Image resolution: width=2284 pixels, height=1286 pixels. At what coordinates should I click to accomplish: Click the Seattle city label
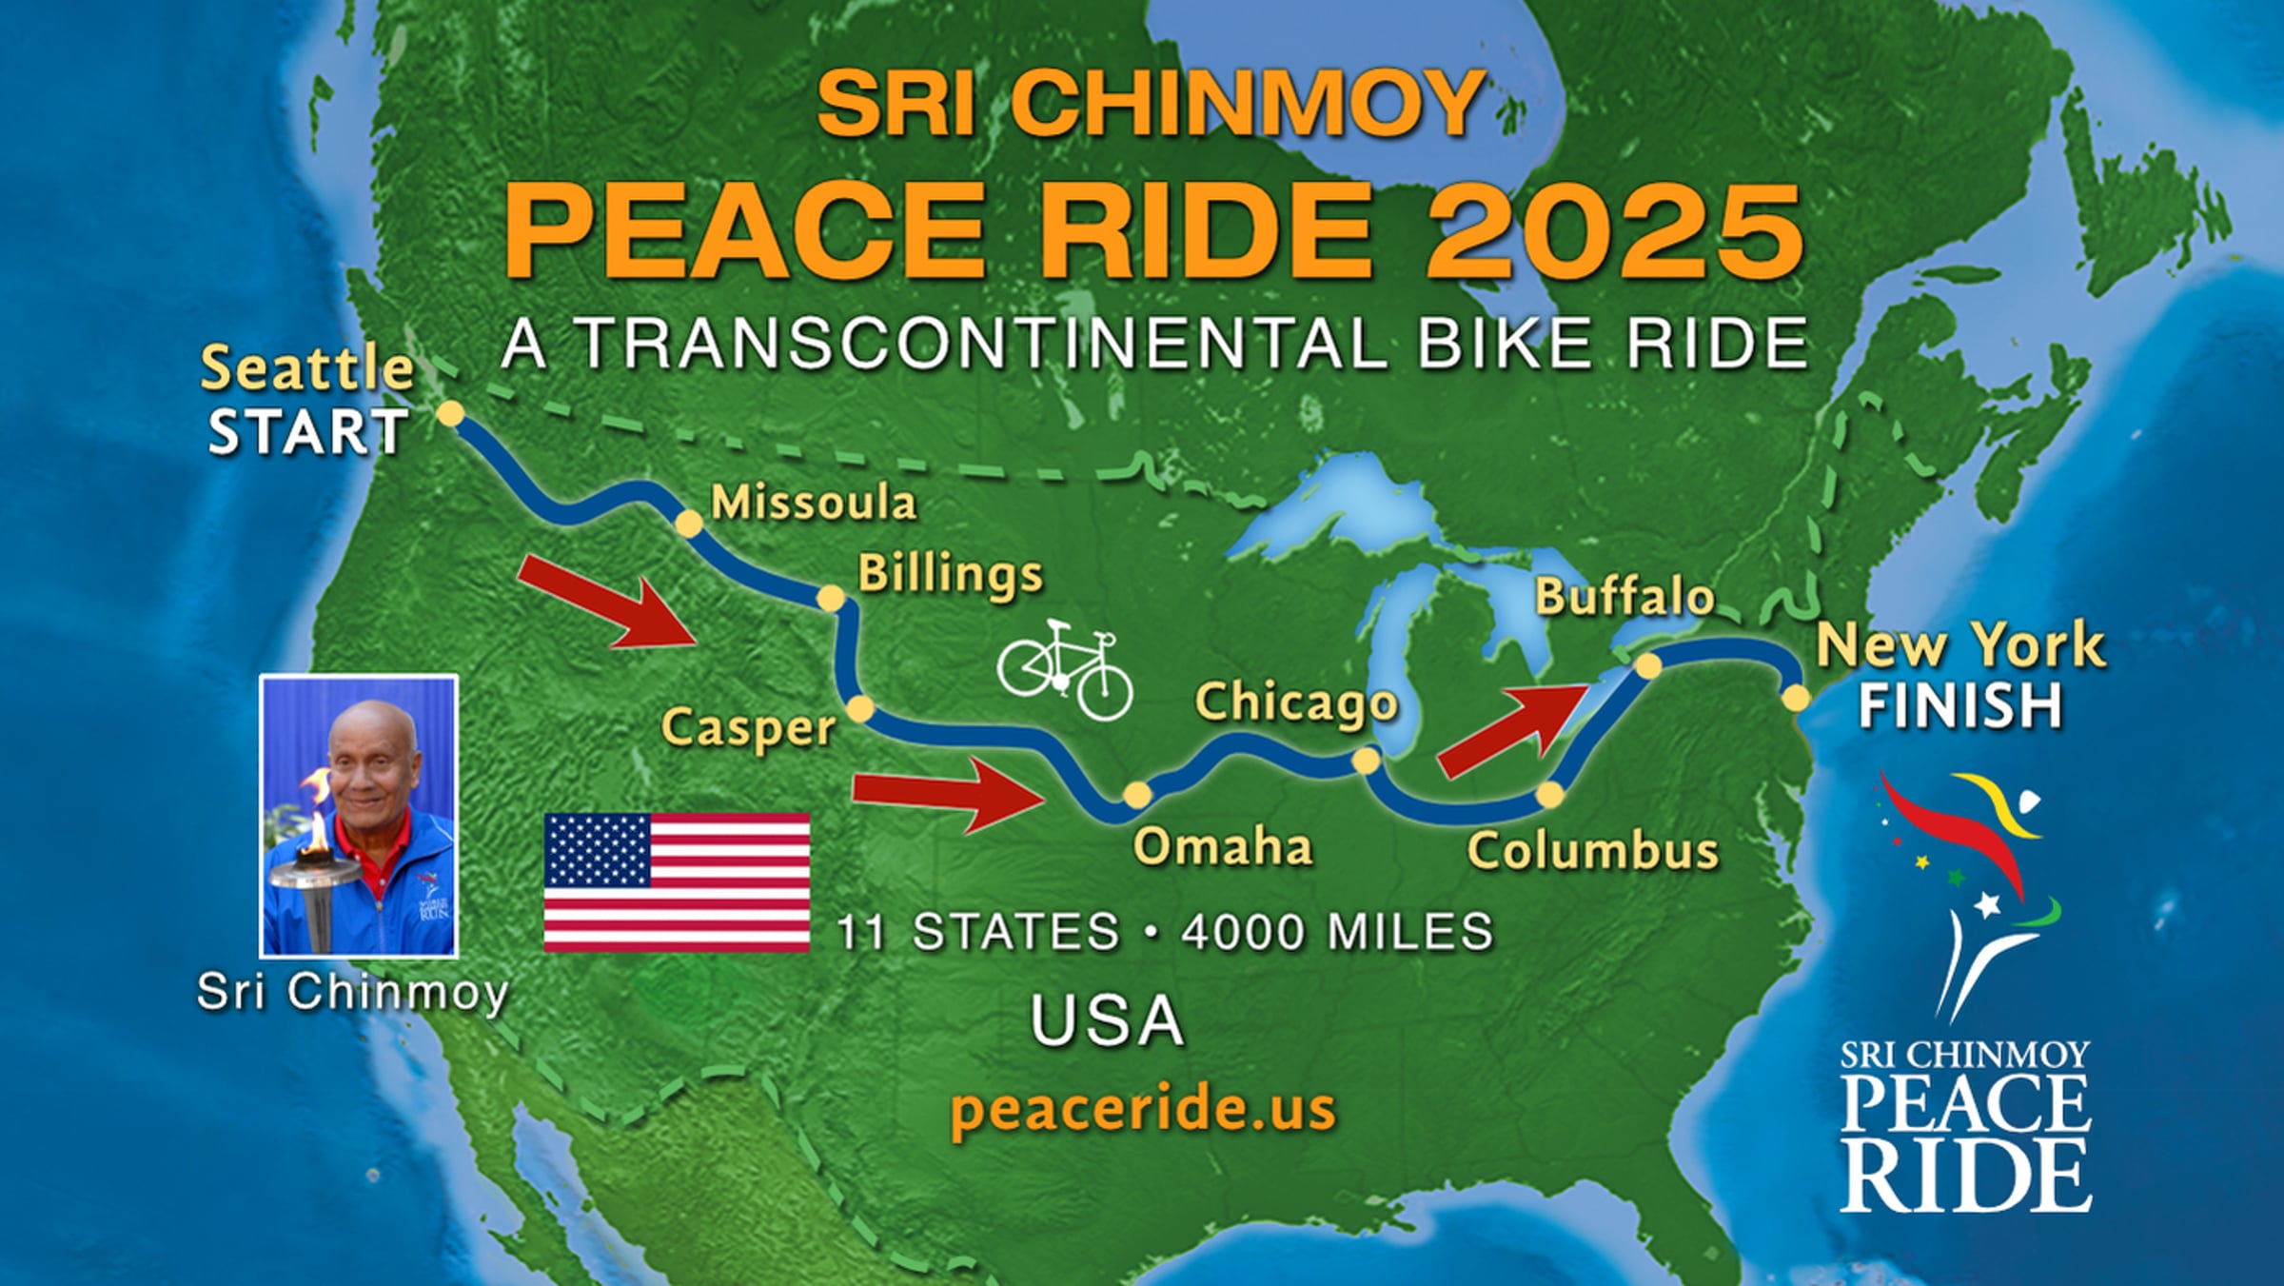306,369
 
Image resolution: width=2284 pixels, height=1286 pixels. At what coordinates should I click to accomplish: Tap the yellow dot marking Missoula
688,524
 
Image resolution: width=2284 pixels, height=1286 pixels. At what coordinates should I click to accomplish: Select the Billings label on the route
950,575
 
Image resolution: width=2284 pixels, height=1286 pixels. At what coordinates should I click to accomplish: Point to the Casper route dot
859,709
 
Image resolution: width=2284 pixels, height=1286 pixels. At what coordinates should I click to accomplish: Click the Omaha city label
1222,846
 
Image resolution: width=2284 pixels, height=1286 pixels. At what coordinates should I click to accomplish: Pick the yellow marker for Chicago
1366,761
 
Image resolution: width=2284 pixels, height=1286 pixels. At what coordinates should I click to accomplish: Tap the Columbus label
1592,850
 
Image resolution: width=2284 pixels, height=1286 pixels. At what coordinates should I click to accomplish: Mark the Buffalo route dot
1648,665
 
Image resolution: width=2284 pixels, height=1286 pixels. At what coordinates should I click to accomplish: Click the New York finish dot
1796,698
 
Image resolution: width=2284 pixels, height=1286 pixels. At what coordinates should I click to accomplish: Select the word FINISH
1960,706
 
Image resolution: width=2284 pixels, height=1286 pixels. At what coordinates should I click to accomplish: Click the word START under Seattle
308,432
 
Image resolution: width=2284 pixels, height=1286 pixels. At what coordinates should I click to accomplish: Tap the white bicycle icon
1065,668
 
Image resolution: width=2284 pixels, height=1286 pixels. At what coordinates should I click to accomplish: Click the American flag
677,882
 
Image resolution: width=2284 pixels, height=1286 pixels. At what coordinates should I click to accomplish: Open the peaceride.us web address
1143,1109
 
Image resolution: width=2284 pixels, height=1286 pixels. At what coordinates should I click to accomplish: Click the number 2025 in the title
1615,230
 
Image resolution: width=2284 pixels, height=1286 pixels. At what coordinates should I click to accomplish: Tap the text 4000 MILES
1337,932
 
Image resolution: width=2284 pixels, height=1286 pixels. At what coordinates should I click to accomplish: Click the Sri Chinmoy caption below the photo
353,992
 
